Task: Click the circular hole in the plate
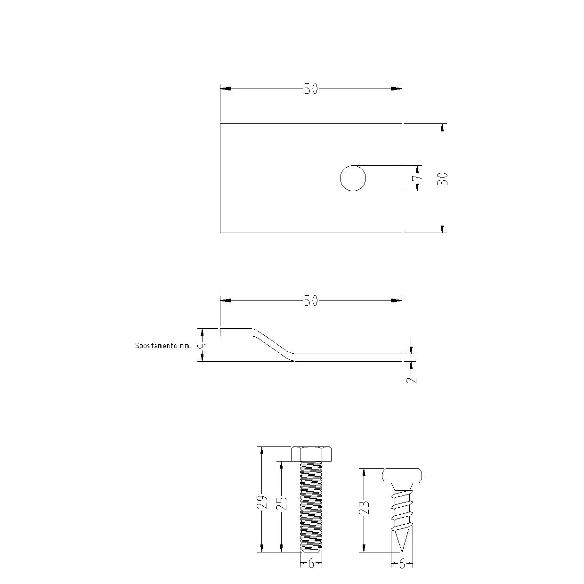[x=353, y=178]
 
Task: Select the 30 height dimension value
[x=442, y=178]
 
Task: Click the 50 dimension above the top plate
[x=311, y=89]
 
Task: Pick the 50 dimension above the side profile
[x=311, y=300]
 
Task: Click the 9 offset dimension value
[x=203, y=345]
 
